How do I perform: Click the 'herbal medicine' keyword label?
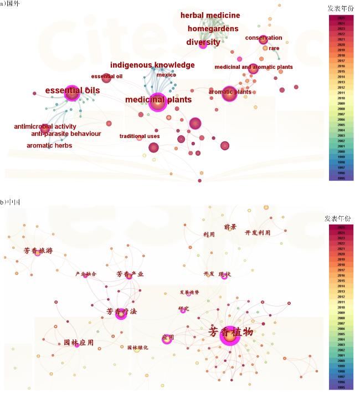pyautogui.click(x=210, y=16)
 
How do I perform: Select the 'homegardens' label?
pyautogui.click(x=213, y=29)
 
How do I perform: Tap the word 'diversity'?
pyautogui.click(x=203, y=42)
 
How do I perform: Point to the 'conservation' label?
pyautogui.click(x=264, y=38)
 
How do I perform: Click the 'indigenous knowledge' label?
pyautogui.click(x=152, y=65)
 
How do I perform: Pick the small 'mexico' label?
pyautogui.click(x=166, y=75)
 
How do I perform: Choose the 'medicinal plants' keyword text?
pyautogui.click(x=158, y=100)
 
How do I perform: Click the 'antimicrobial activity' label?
pyautogui.click(x=45, y=127)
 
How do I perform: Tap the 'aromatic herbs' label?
pyautogui.click(x=49, y=146)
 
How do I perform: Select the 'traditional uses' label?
pyautogui.click(x=140, y=136)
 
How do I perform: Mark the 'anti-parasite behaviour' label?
pyautogui.click(x=66, y=134)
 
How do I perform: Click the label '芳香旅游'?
pyautogui.click(x=38, y=251)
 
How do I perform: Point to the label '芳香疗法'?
pyautogui.click(x=121, y=312)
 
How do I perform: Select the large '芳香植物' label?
pyautogui.click(x=230, y=333)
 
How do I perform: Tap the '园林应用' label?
pyautogui.click(x=78, y=343)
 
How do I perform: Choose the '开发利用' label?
pyautogui.click(x=258, y=233)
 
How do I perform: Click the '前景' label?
pyautogui.click(x=230, y=227)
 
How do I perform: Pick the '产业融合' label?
pyautogui.click(x=86, y=274)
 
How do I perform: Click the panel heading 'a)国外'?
pyautogui.click(x=10, y=4)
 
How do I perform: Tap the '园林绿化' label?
pyautogui.click(x=137, y=348)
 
